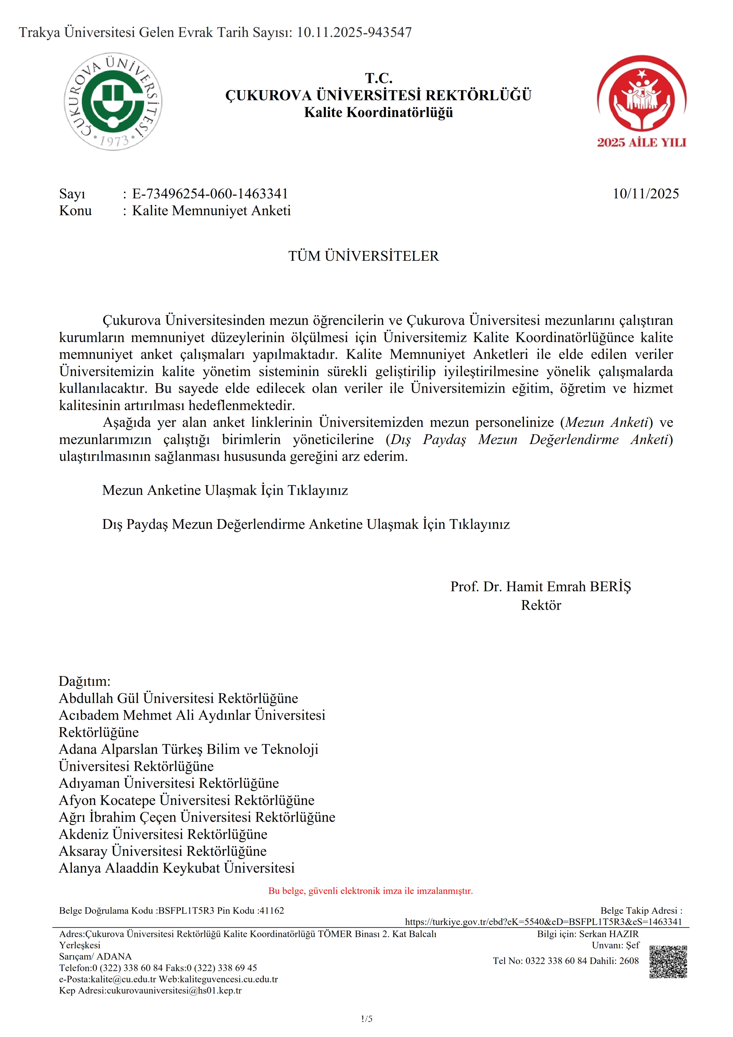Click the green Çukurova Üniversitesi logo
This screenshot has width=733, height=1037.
(113, 102)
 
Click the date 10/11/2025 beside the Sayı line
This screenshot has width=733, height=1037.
(645, 194)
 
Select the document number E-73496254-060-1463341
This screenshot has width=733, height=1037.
(210, 194)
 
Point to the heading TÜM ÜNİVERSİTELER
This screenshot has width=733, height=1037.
(364, 256)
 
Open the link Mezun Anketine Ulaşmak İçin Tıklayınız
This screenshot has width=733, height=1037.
(225, 490)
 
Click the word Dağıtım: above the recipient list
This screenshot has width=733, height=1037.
(85, 681)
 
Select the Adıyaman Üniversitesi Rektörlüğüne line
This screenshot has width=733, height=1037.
(169, 783)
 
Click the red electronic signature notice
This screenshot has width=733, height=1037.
(370, 891)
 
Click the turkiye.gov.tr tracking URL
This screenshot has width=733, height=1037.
(543, 922)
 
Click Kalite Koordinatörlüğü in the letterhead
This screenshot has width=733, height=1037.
(378, 112)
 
